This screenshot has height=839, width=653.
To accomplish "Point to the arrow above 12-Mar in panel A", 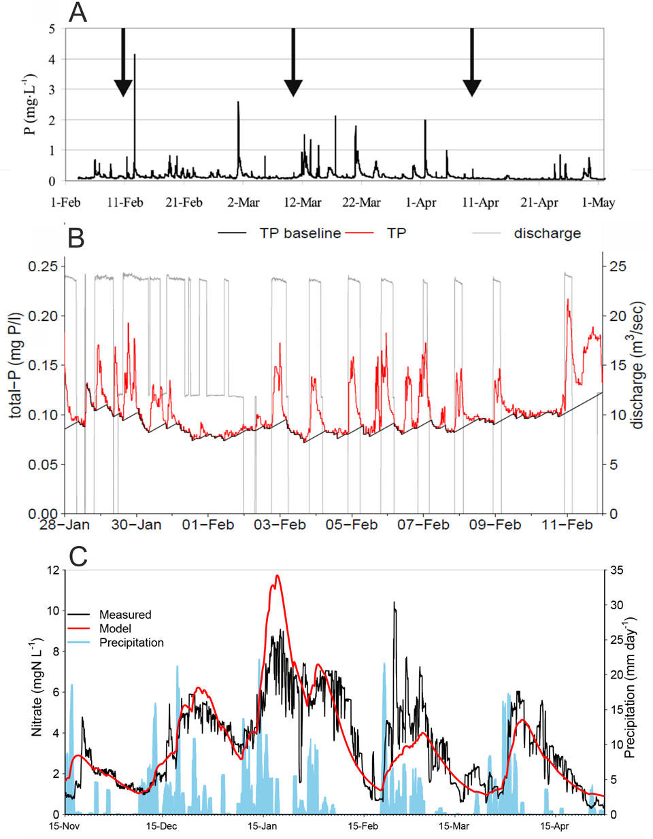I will pos(293,65).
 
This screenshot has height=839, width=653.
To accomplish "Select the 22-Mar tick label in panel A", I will pos(361,202).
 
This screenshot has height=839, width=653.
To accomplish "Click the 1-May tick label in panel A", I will pos(599,202).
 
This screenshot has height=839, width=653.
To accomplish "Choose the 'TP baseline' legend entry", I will pos(300,233).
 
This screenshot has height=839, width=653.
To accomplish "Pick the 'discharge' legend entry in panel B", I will pos(547,233).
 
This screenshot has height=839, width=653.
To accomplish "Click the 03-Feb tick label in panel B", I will pos(280,524).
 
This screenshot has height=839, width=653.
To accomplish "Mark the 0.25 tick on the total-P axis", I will pos(43,266).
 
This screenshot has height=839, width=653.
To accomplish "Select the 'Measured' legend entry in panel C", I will pos(125,615).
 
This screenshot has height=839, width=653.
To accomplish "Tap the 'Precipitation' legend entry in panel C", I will pos(131,643).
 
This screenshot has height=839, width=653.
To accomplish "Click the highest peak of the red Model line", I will pos(277,576).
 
